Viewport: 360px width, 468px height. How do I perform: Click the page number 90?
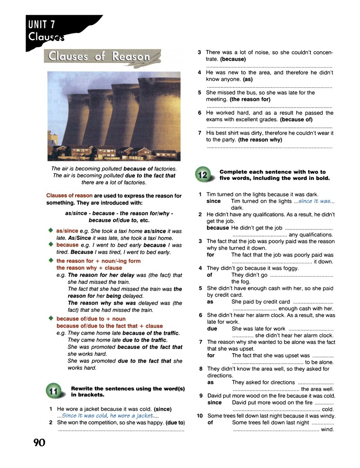pyautogui.click(x=39, y=442)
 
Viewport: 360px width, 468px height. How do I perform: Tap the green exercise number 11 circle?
pyautogui.click(x=54, y=391)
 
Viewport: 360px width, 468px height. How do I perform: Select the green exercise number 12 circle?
pyautogui.click(x=202, y=174)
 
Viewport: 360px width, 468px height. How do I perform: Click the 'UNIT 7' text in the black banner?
pyautogui.click(x=42, y=24)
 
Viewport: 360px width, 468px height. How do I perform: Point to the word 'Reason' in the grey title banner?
pyautogui.click(x=131, y=56)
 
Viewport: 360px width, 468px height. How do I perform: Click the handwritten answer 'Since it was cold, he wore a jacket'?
pyautogui.click(x=108, y=415)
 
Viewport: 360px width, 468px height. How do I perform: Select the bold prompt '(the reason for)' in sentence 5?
pyautogui.click(x=250, y=99)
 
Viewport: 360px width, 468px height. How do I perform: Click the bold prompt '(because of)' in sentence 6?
pyautogui.click(x=296, y=120)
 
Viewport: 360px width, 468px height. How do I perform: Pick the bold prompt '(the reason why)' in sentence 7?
pyautogui.click(x=260, y=139)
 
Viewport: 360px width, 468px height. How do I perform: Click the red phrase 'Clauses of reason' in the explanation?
pyautogui.click(x=69, y=195)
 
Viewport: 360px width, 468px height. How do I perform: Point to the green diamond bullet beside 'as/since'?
pyautogui.click(x=51, y=230)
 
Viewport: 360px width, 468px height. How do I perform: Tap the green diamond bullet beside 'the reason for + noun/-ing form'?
pyautogui.click(x=51, y=260)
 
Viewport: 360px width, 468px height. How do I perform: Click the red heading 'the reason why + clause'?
pyautogui.click(x=89, y=268)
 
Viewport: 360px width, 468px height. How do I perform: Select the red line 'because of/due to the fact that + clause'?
pyautogui.click(x=109, y=326)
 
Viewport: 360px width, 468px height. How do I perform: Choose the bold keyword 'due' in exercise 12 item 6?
pyautogui.click(x=212, y=328)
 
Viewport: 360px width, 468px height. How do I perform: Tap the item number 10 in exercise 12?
pyautogui.click(x=200, y=416)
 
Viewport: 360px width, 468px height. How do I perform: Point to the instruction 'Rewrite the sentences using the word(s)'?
pyautogui.click(x=128, y=389)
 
